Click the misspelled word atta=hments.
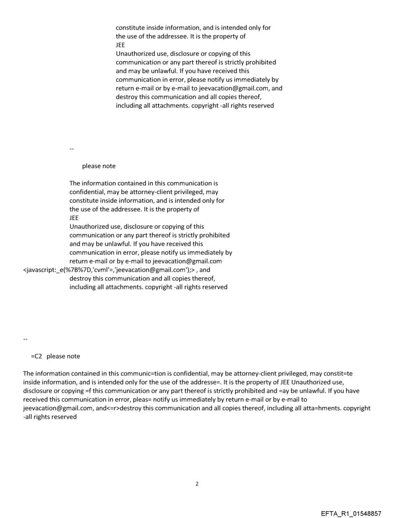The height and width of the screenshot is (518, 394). coord(314,408)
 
